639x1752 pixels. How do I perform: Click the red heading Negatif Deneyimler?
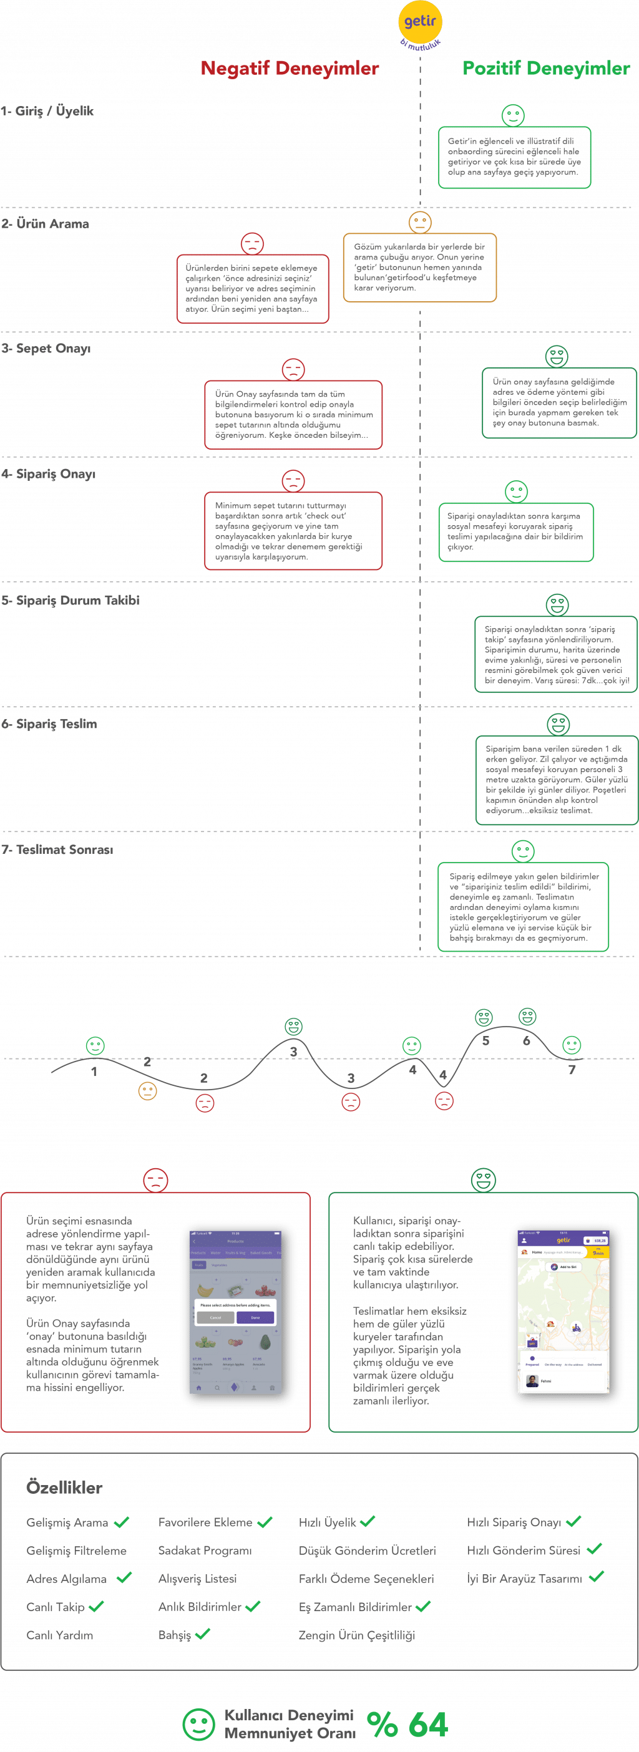(x=289, y=69)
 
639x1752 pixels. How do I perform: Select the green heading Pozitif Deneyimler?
(x=546, y=69)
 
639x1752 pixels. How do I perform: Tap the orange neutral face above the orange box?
(x=420, y=223)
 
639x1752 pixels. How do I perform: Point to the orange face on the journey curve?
(x=147, y=1091)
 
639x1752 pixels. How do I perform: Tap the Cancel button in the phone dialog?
(x=215, y=1317)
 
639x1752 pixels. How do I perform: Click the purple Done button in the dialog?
(x=255, y=1317)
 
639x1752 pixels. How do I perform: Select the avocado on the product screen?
(x=265, y=1343)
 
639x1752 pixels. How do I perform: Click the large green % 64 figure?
(x=407, y=1724)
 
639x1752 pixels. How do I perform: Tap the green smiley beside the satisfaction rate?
(x=198, y=1724)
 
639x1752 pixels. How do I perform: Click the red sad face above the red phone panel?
(x=156, y=1180)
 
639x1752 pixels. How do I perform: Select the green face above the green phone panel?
(x=483, y=1180)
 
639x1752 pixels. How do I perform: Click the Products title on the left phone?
(x=235, y=1241)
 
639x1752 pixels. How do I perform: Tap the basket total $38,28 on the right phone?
(x=596, y=1241)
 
